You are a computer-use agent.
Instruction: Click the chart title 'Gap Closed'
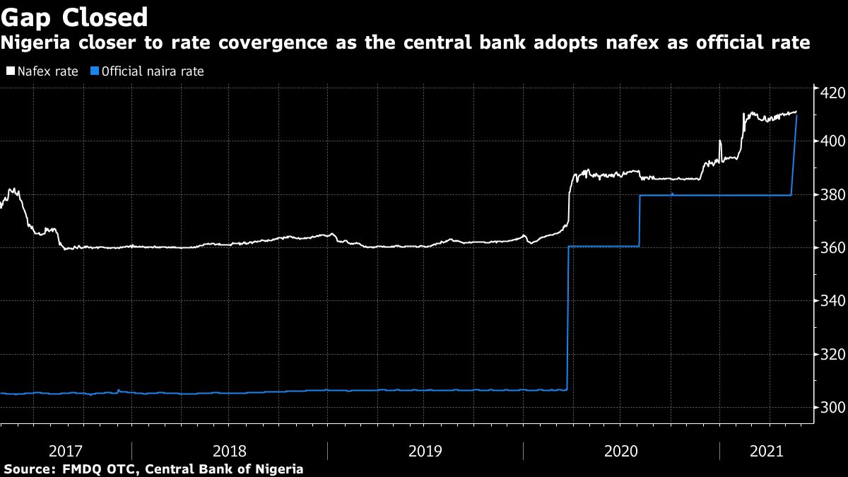point(74,17)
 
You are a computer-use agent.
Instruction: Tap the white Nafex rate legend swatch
point(10,71)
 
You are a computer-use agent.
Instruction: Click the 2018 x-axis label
point(230,450)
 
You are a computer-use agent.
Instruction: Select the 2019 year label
point(425,450)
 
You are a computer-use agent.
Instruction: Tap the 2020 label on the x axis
point(622,450)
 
